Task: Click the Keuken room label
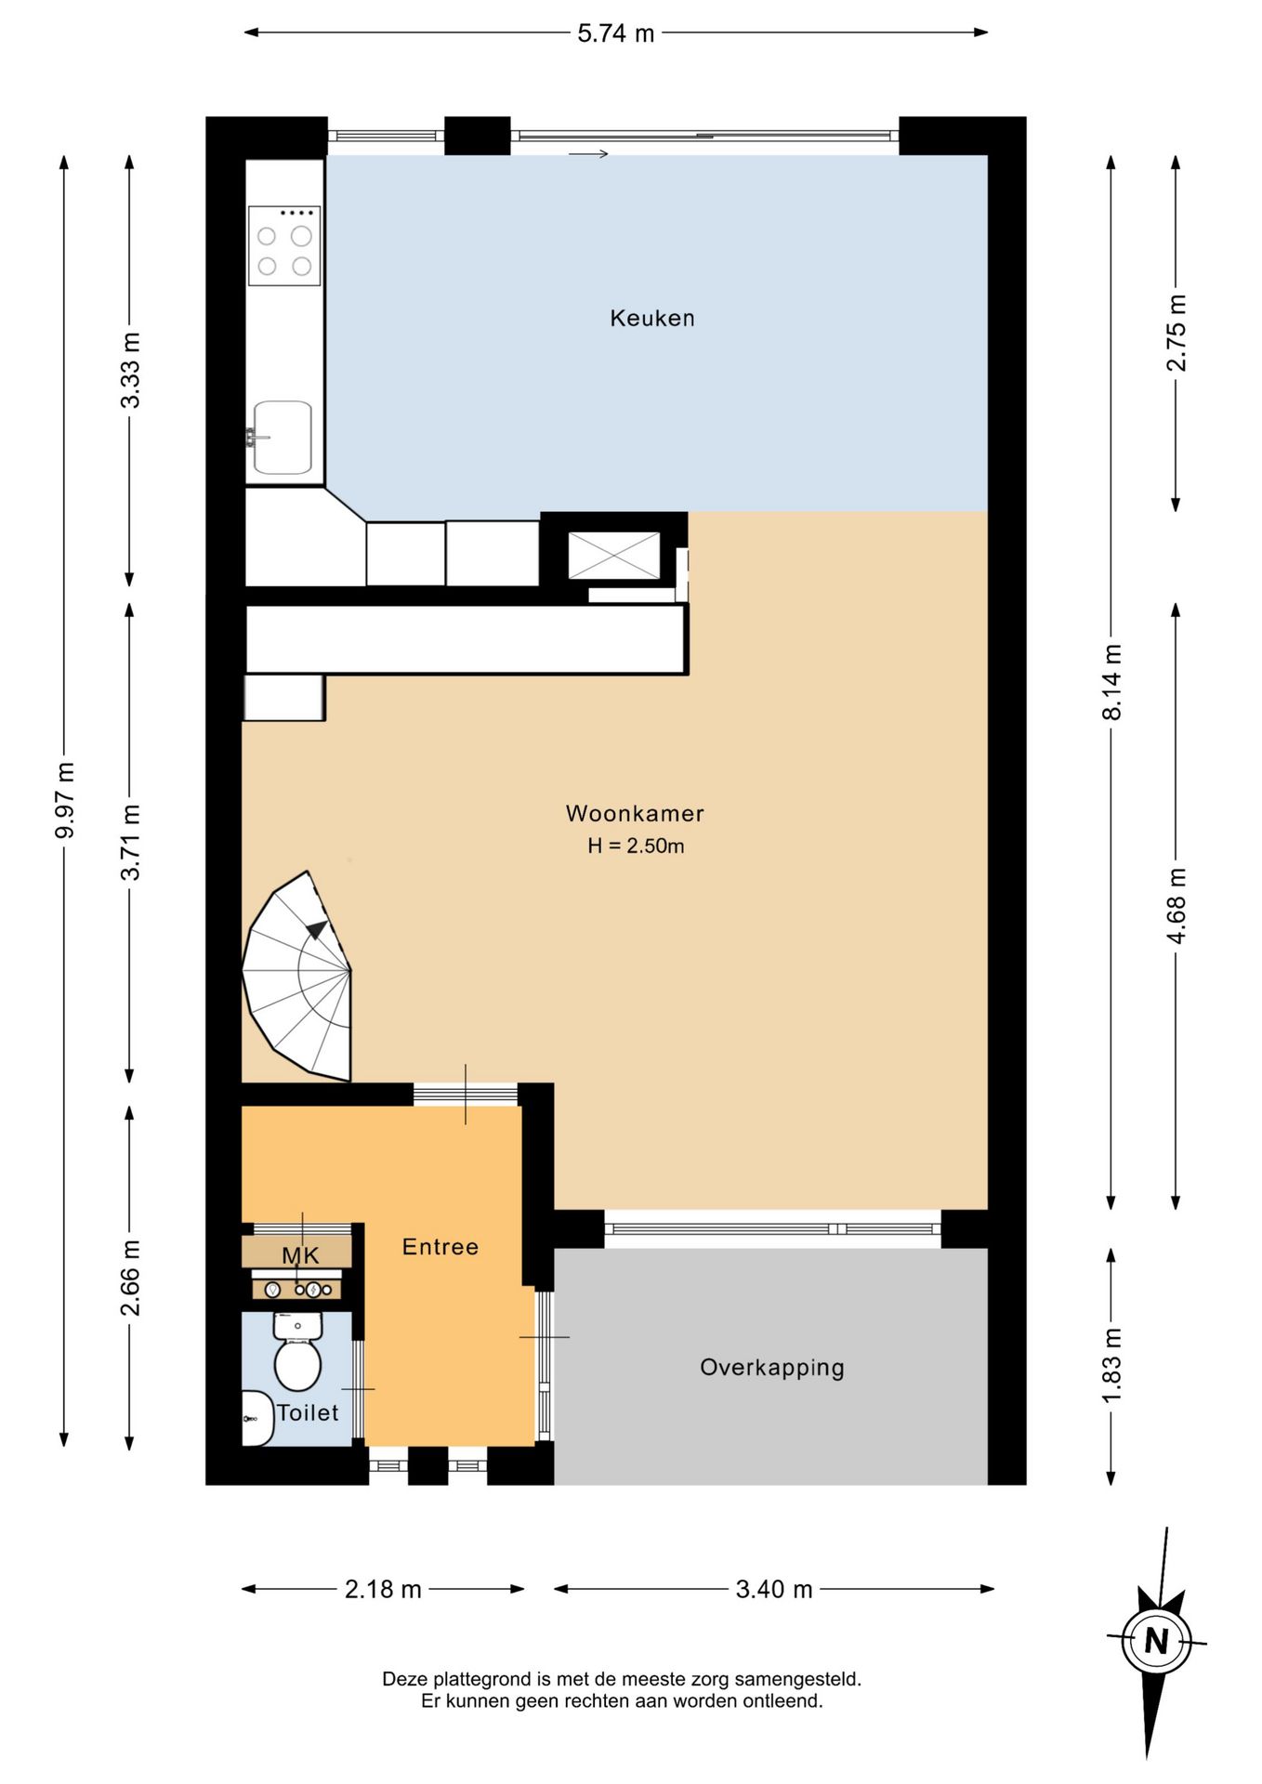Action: tap(651, 318)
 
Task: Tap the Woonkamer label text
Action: tap(635, 813)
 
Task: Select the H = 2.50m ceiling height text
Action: tap(636, 846)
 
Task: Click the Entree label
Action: tap(440, 1247)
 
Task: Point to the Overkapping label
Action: tap(771, 1368)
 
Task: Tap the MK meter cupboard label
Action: tap(300, 1255)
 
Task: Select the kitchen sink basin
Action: tap(283, 438)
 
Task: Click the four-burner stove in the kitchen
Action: tap(284, 245)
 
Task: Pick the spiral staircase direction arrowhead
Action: tap(316, 929)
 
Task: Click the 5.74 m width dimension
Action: tap(615, 33)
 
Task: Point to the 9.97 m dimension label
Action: tap(64, 800)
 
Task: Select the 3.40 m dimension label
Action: tap(774, 1589)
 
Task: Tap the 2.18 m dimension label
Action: tap(383, 1589)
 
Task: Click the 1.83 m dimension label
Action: tap(1111, 1367)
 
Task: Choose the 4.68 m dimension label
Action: tap(1177, 906)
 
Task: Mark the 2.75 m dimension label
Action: tap(1177, 333)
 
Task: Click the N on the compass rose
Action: tap(1156, 1641)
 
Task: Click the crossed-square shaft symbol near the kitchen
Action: tap(613, 556)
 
